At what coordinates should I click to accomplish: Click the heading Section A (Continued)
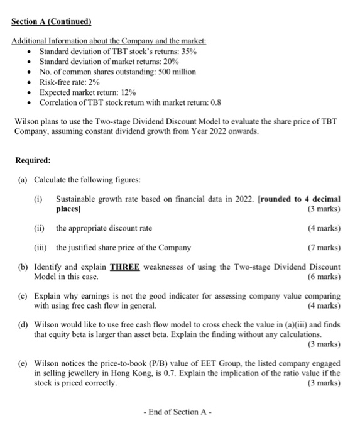(x=52, y=21)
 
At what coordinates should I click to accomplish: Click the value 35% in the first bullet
(x=187, y=51)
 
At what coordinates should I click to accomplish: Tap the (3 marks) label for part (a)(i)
(x=322, y=208)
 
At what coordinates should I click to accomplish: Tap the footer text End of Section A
(x=180, y=412)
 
